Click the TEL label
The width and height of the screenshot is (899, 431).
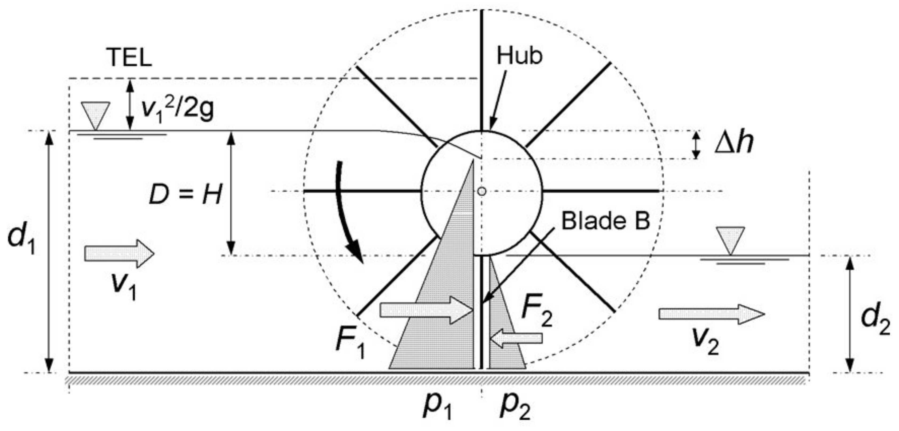point(130,58)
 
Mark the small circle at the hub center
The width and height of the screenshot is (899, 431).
point(482,191)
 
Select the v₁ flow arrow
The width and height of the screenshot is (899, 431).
point(119,254)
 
